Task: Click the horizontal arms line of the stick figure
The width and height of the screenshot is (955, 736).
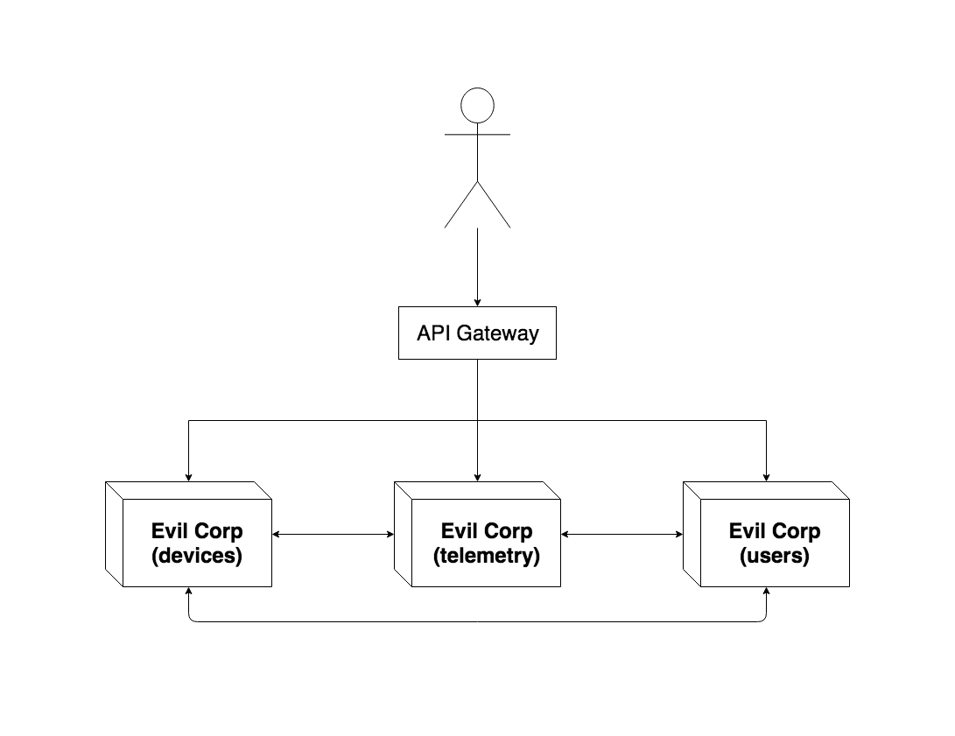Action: [477, 135]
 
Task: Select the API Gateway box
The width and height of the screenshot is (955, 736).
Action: [477, 333]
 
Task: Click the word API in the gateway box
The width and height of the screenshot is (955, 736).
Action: [435, 333]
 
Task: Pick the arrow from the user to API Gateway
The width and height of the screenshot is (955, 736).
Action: [477, 267]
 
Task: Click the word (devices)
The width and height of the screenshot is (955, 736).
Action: [197, 555]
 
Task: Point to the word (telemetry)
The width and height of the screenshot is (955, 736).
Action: [487, 555]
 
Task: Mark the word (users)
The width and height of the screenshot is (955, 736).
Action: [776, 555]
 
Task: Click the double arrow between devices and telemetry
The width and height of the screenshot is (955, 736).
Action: [333, 534]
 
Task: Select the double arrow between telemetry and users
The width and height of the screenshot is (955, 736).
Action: [621, 534]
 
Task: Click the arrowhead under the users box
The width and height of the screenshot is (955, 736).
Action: [766, 592]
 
